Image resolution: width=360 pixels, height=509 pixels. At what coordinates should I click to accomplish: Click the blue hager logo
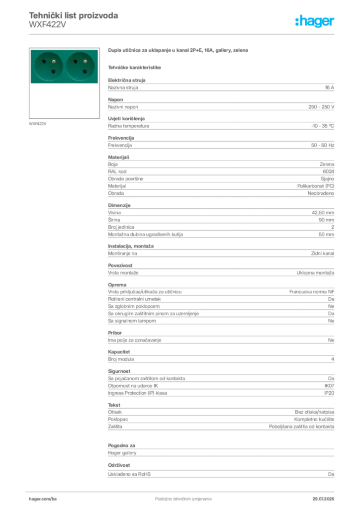pos(315,21)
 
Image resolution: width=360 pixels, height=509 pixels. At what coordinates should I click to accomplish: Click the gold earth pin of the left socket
pos(54,62)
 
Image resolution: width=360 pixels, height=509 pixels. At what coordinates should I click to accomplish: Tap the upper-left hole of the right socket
pos(75,61)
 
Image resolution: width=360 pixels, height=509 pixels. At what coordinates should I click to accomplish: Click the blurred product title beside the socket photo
pos(178,51)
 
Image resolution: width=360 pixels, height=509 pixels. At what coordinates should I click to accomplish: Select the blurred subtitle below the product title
pos(135,67)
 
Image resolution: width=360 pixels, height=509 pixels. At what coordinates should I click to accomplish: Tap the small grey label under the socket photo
pos(38,123)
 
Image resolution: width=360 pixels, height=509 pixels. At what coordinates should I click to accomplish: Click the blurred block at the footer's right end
pos(324,496)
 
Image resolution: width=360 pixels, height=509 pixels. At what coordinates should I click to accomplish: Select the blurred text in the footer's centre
pos(177,496)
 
